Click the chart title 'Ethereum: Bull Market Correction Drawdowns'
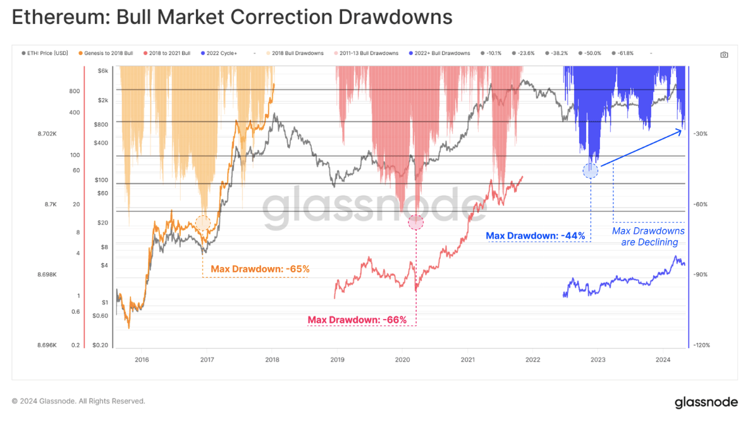click(x=232, y=17)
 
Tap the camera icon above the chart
click(x=724, y=54)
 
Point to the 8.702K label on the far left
click(x=47, y=134)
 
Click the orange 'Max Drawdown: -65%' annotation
click(x=260, y=269)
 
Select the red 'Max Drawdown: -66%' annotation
click(x=357, y=320)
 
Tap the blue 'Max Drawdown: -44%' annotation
click(x=535, y=236)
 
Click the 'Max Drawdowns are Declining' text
click(x=648, y=236)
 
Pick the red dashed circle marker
click(x=415, y=222)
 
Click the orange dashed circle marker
click(x=202, y=222)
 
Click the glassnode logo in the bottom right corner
click(x=706, y=402)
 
